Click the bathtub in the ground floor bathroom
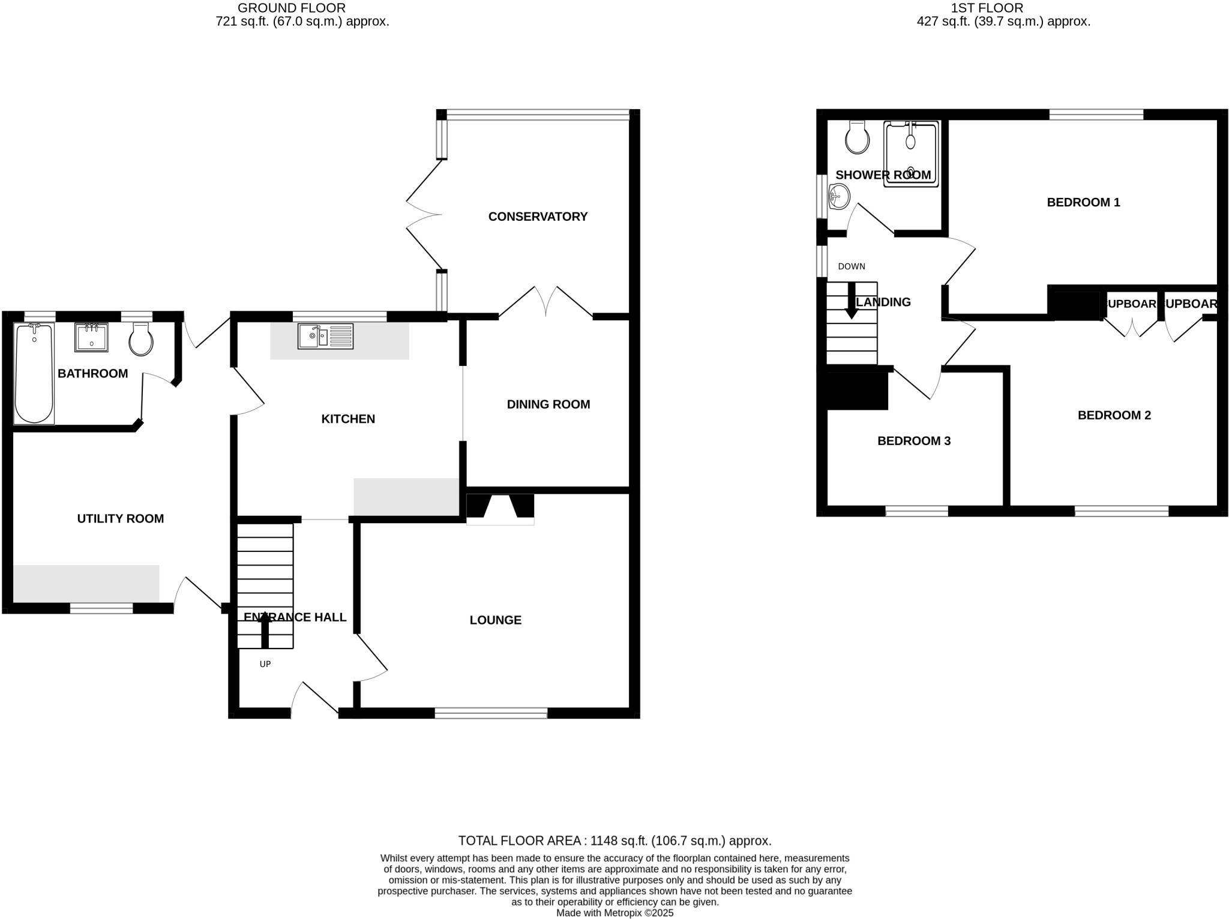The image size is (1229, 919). (34, 373)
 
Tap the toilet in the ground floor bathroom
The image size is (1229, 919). (141, 340)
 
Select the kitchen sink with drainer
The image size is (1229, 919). (325, 336)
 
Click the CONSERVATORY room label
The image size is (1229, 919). (537, 217)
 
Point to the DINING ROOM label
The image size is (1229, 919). (548, 404)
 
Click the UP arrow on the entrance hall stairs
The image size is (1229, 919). (265, 632)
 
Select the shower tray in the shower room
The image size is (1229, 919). (911, 155)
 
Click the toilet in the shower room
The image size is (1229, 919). (857, 137)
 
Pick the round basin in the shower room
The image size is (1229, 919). (838, 196)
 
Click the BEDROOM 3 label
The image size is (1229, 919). (913, 441)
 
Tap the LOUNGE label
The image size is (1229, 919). (495, 620)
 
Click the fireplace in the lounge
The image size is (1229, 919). (500, 509)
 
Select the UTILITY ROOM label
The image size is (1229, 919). (120, 519)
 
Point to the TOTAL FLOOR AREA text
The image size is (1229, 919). (614, 840)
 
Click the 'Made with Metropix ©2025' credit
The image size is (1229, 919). (614, 913)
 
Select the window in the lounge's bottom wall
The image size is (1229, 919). (491, 713)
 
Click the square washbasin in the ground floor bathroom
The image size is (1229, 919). (91, 337)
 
